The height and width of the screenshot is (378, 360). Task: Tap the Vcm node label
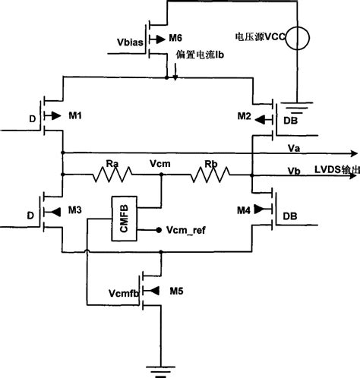pos(161,162)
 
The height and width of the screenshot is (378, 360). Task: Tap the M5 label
pos(176,289)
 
